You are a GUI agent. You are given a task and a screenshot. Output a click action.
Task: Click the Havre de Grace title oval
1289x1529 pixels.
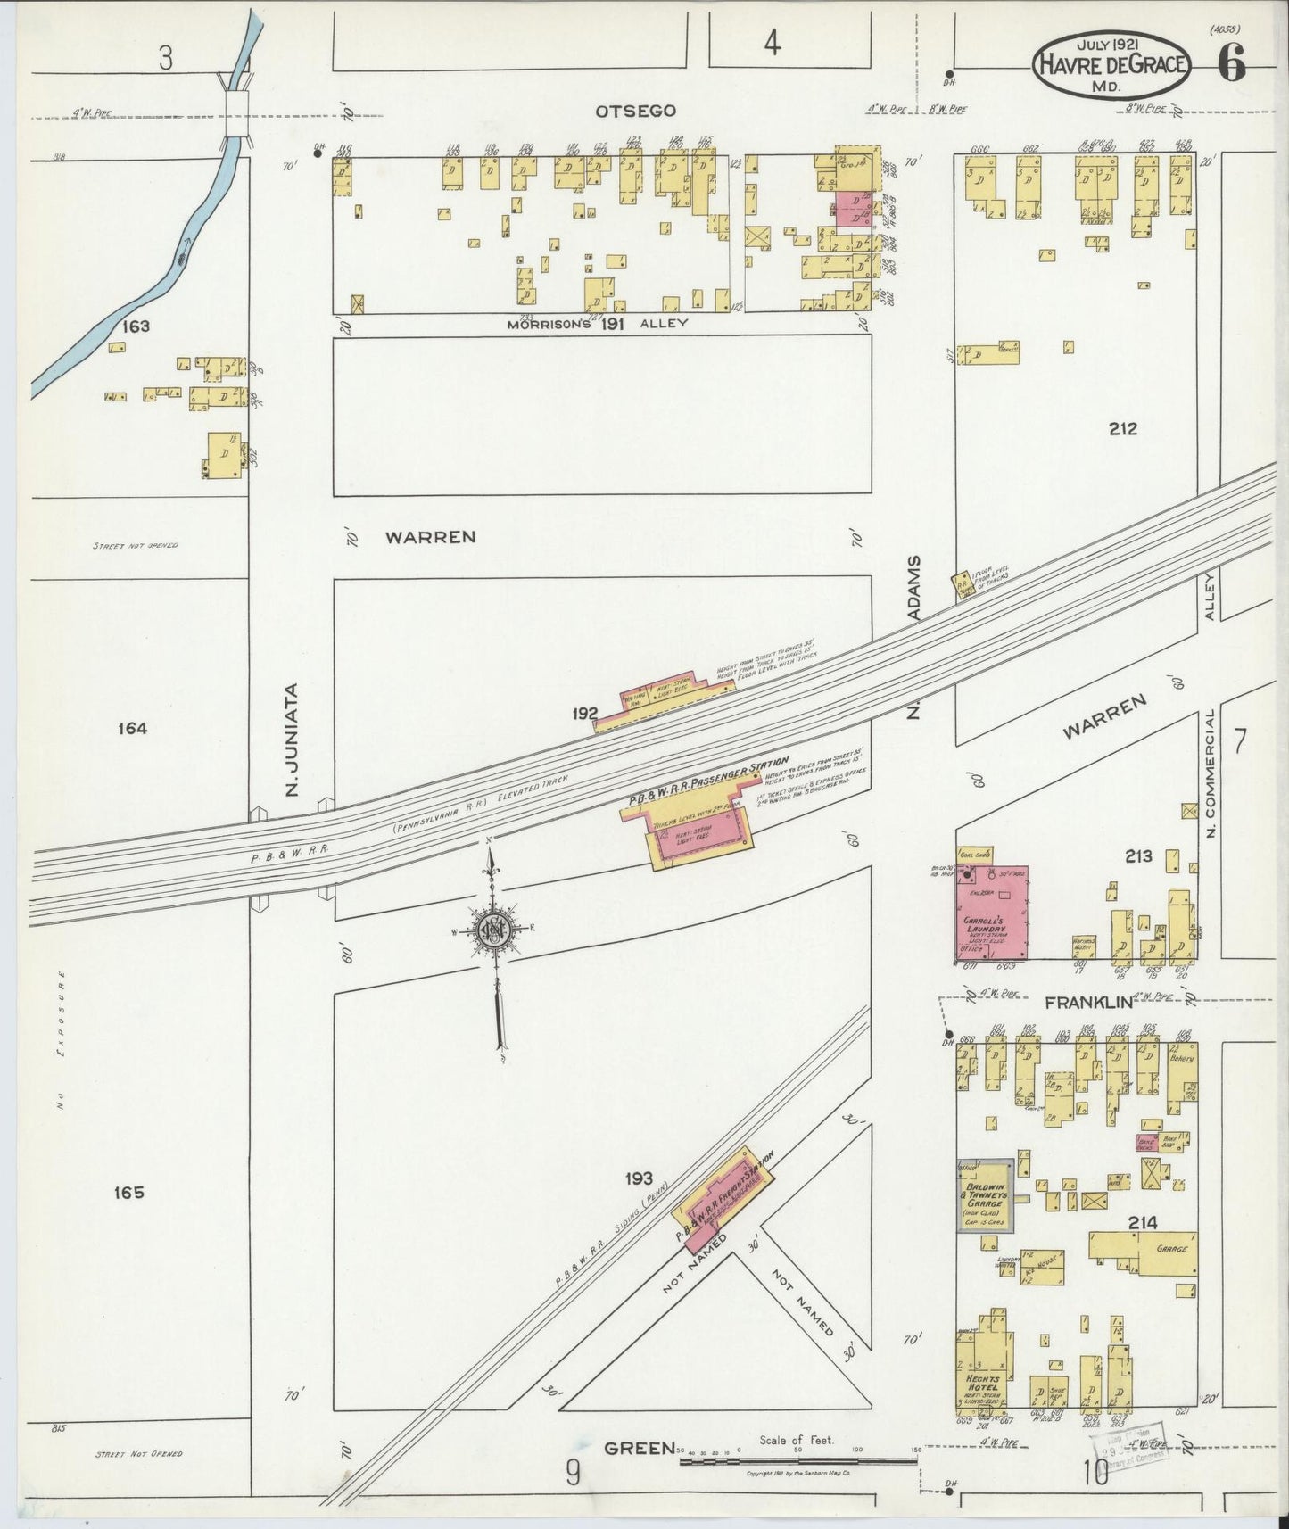tap(1110, 64)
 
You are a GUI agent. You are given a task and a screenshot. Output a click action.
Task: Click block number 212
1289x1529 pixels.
tap(1123, 428)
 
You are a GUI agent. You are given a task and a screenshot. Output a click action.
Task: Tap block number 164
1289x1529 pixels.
tap(131, 729)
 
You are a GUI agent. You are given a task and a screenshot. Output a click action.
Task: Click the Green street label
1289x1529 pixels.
tap(639, 1448)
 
